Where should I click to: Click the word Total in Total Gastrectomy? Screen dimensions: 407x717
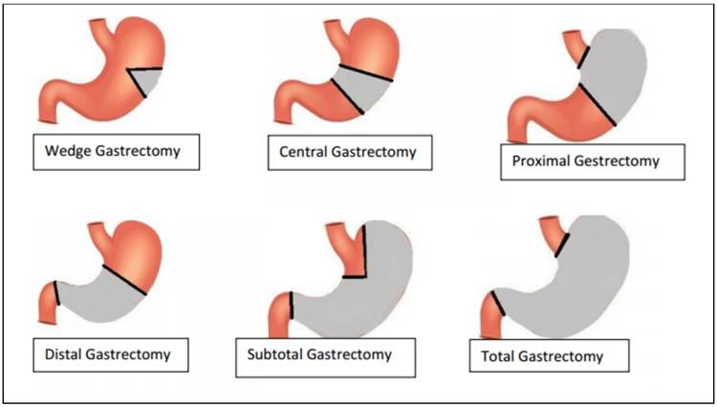[x=494, y=357]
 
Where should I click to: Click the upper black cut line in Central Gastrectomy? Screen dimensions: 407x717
[x=362, y=71]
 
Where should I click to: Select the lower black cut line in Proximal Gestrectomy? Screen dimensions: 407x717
[x=597, y=103]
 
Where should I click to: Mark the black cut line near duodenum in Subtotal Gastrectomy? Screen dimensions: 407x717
[x=292, y=306]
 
